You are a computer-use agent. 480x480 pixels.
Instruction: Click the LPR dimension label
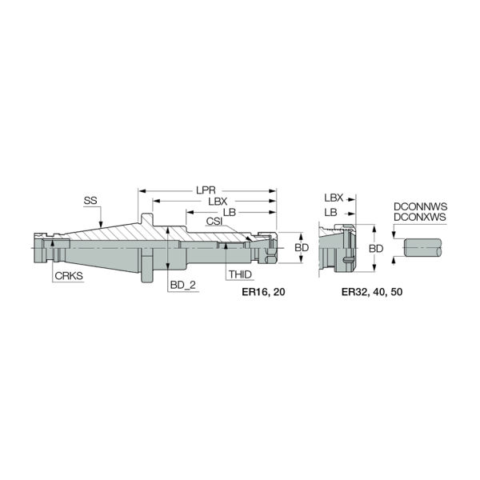tap(206, 190)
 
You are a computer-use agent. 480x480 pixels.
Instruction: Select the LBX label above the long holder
tap(218, 202)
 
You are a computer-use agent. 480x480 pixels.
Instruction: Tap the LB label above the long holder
tap(230, 212)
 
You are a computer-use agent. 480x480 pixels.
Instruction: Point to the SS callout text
tap(90, 201)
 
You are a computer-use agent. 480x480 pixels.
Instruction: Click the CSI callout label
tap(214, 222)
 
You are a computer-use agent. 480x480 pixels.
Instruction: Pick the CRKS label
tap(69, 275)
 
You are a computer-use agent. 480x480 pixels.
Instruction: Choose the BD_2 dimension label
tap(182, 285)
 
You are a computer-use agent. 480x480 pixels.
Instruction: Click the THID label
tap(240, 274)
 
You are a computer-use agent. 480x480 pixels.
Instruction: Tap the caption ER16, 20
tap(263, 292)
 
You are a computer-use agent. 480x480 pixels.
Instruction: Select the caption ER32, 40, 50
tap(372, 292)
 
